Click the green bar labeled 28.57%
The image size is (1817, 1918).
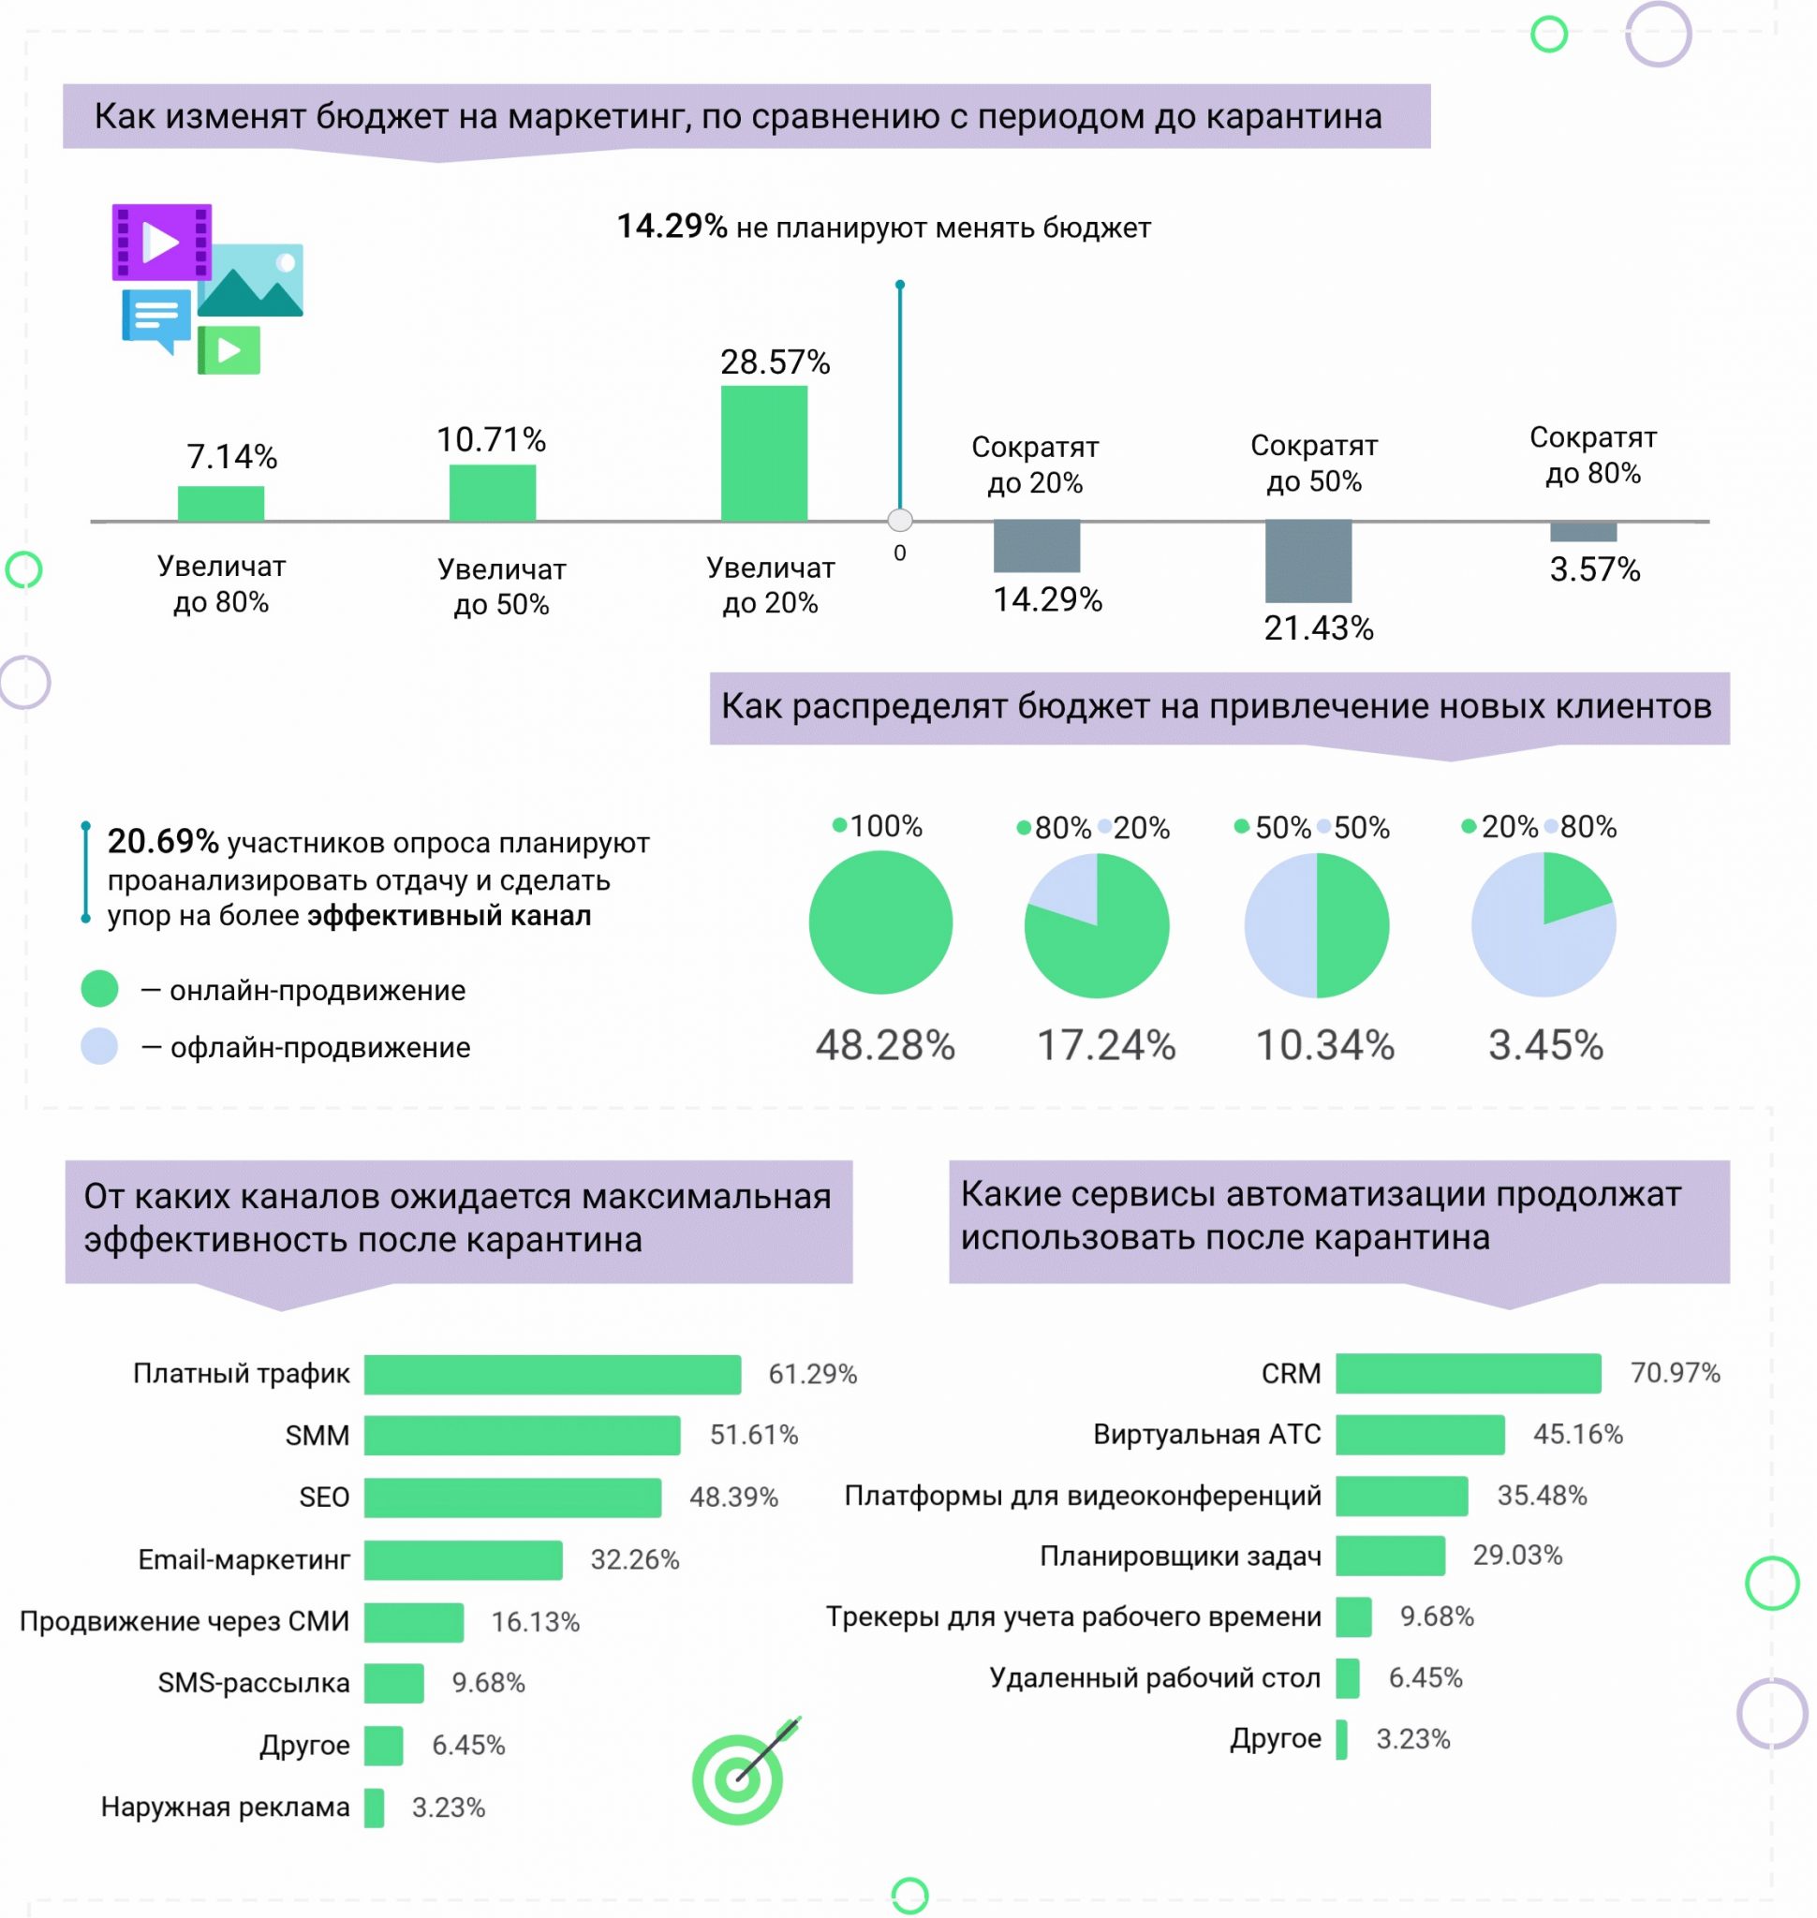coord(763,452)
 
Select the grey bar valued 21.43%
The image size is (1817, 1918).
coord(1307,561)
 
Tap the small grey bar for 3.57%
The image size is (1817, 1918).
coord(1583,532)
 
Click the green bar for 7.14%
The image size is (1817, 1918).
coord(221,504)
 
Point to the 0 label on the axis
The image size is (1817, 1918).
coord(900,553)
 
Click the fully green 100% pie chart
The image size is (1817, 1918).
coord(880,922)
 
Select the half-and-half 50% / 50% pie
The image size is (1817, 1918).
coord(1316,925)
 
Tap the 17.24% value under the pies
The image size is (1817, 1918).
coord(1106,1045)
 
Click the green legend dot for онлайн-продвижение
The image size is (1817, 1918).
coord(100,989)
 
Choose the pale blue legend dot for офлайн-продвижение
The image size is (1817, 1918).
coord(100,1046)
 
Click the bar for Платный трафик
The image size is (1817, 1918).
coord(552,1374)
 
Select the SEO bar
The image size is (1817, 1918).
coord(512,1498)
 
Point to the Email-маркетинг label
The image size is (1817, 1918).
coord(244,1559)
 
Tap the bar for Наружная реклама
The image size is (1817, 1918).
coord(374,1807)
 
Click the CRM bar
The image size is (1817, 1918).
coord(1468,1374)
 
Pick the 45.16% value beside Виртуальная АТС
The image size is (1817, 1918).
coord(1577,1435)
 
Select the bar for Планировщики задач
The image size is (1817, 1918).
coord(1390,1556)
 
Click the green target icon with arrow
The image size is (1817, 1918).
coord(740,1777)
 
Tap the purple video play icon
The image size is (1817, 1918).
coord(162,242)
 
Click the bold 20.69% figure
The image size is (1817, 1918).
coord(163,842)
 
